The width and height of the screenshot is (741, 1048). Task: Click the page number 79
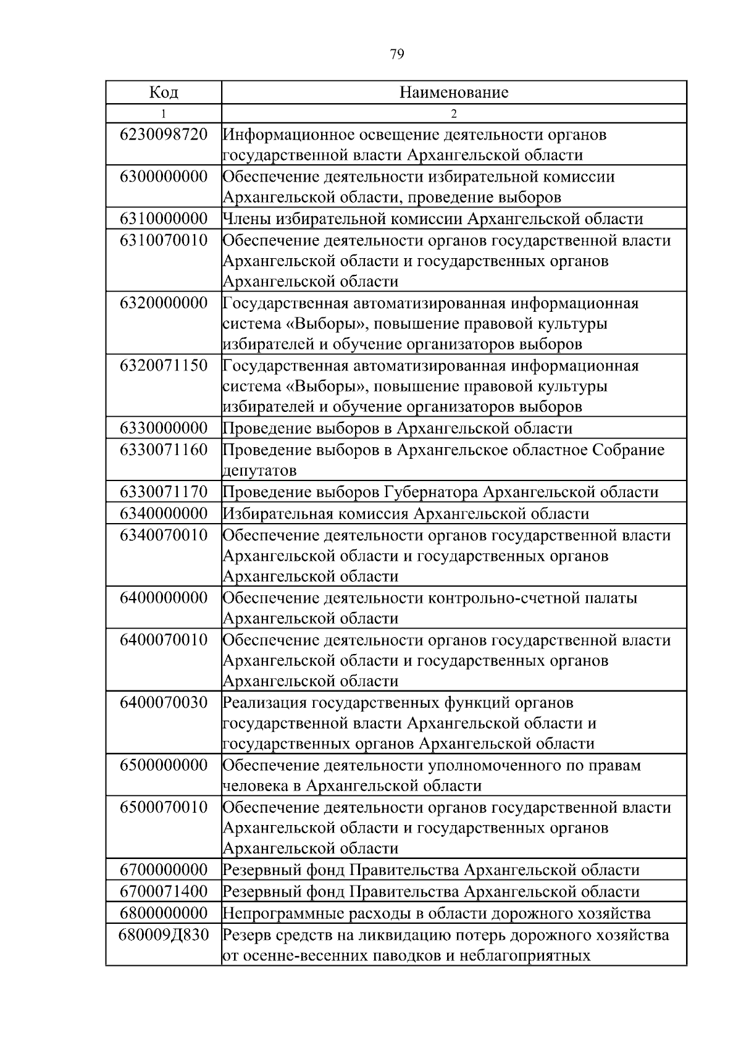[397, 55]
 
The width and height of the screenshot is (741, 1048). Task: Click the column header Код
[164, 93]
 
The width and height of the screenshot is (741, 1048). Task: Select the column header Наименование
[454, 93]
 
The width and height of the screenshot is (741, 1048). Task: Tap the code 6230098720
[164, 135]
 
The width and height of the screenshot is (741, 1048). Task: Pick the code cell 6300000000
[164, 177]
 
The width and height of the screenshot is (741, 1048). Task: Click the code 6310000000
[164, 219]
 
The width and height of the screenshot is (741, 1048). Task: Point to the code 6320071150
[164, 366]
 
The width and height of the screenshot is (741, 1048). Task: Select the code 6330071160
[164, 450]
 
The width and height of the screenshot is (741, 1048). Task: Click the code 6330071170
[164, 492]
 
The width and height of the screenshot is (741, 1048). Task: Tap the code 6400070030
[164, 703]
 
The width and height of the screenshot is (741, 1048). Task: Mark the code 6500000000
[164, 766]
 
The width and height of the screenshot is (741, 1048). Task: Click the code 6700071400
[164, 892]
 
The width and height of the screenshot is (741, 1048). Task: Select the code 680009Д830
[164, 935]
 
